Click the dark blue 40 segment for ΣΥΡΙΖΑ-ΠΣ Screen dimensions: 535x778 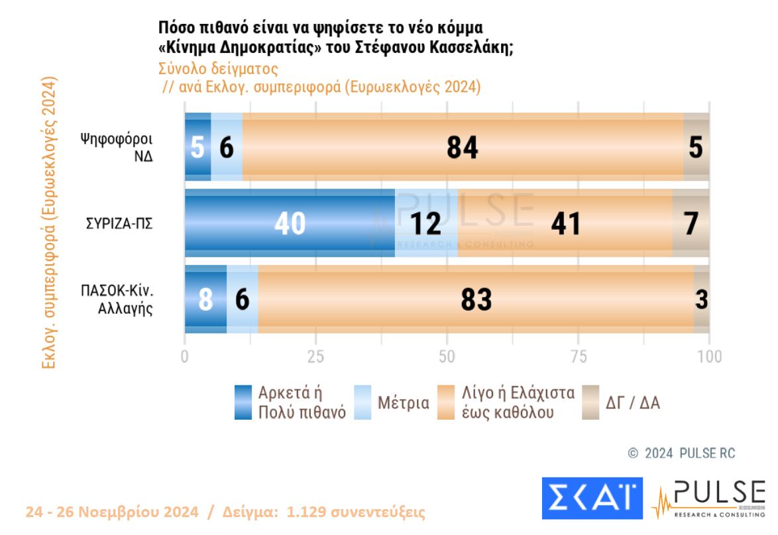(290, 223)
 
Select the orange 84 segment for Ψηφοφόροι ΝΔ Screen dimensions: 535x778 (462, 147)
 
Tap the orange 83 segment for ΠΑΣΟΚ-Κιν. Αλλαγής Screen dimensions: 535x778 (476, 299)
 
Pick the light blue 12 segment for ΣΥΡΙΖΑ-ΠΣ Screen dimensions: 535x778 (425, 223)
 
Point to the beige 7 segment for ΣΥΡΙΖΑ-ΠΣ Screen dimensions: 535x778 (691, 223)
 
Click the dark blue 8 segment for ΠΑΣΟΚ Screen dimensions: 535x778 (205, 299)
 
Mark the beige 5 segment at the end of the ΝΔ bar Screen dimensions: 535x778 (696, 147)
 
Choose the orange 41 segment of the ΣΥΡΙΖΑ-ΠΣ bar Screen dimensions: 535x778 (565, 223)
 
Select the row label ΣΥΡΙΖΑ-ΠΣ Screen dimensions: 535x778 (119, 223)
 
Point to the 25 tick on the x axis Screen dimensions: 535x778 (315, 356)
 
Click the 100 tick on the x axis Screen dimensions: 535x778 (709, 356)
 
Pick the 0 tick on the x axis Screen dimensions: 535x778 (185, 356)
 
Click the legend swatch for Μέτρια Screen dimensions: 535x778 (363, 402)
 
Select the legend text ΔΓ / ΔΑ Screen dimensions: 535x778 (633, 403)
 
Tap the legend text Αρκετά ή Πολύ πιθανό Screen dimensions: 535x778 (302, 402)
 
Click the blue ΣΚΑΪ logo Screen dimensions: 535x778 (592, 498)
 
